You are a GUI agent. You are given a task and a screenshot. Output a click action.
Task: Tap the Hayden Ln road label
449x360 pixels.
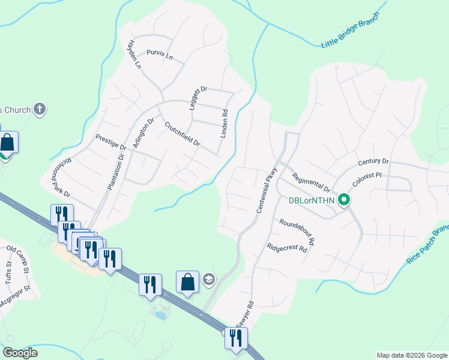click(133, 54)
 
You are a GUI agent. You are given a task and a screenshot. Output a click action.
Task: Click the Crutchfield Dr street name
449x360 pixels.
click(182, 135)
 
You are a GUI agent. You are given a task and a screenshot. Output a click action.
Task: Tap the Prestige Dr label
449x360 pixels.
click(111, 142)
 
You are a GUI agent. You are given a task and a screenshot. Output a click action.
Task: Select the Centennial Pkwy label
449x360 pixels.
click(265, 190)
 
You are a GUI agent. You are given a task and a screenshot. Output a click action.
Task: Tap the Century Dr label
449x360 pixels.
click(373, 162)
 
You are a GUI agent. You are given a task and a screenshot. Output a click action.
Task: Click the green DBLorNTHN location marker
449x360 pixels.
click(344, 200)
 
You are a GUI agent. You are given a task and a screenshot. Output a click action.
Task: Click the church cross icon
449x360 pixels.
click(40, 109)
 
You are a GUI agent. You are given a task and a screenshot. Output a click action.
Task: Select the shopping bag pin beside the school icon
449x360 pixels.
click(187, 282)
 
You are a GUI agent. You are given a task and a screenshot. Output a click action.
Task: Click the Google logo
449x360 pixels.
click(20, 353)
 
